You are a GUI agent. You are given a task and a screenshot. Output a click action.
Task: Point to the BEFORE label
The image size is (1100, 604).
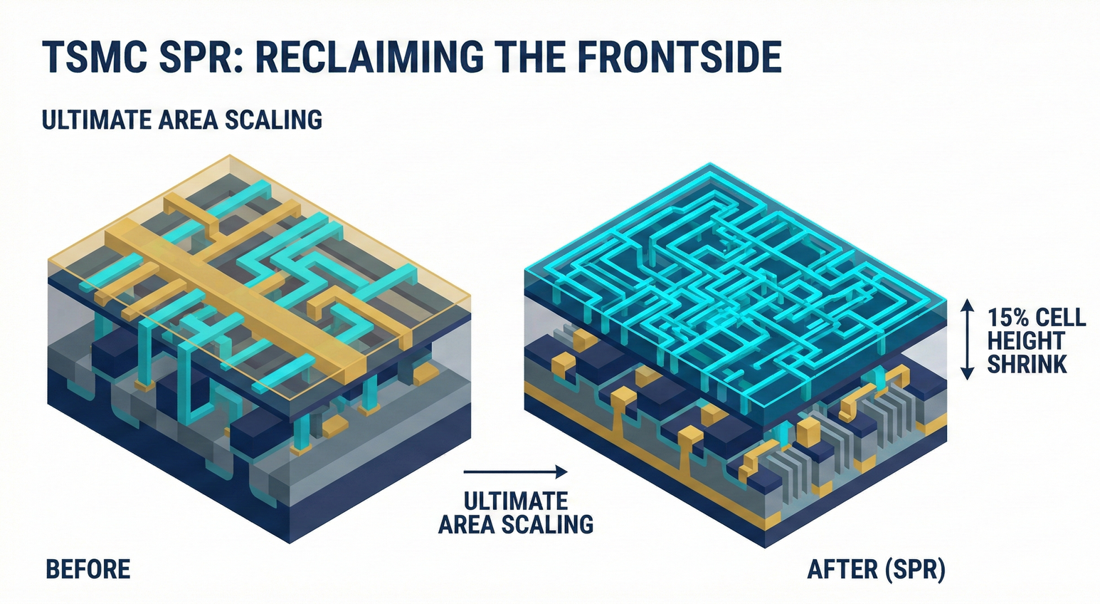[88, 570]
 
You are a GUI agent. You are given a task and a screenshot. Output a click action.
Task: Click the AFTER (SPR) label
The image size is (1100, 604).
[876, 570]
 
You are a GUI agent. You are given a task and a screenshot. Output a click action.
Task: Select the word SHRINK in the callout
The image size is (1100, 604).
[1027, 364]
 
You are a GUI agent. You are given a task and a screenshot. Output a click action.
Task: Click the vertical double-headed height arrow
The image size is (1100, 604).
[967, 339]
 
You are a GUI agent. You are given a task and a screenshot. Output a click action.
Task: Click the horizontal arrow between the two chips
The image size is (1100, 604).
[515, 472]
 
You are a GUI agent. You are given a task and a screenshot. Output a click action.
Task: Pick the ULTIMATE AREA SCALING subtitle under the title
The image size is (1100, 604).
[182, 120]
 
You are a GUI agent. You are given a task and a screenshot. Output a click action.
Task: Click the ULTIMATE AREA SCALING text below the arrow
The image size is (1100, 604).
[515, 512]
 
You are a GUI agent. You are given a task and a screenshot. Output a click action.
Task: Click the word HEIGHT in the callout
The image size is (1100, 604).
[1025, 340]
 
